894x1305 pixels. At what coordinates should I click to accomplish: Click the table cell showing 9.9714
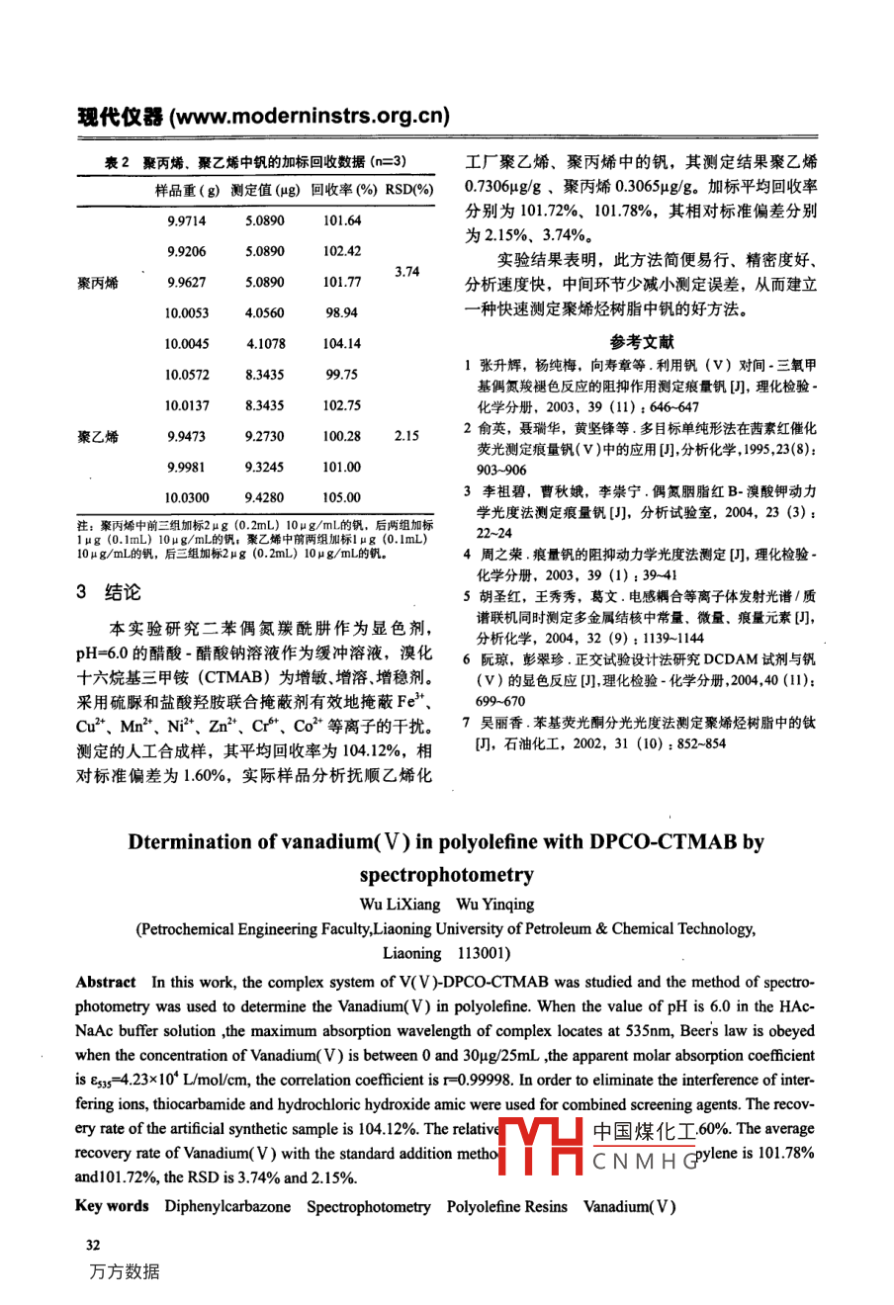point(186,220)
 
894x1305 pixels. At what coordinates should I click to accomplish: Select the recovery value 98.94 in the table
point(341,312)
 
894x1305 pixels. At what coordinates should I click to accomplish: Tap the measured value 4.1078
point(265,343)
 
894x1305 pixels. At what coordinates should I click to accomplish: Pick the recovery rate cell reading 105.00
point(341,497)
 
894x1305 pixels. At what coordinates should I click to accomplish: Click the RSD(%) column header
point(409,190)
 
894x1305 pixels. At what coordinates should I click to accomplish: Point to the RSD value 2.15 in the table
point(406,436)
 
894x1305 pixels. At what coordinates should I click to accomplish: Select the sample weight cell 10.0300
point(186,497)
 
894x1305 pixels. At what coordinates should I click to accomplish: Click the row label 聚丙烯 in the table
point(97,283)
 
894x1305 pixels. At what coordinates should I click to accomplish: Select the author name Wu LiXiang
point(399,904)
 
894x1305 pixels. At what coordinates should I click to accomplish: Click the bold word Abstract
point(106,982)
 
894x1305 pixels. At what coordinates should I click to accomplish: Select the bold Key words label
point(112,1206)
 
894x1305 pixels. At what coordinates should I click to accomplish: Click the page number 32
point(93,1245)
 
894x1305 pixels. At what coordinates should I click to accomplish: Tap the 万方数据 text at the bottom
point(124,1271)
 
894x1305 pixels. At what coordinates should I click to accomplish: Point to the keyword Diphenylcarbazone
point(227,1206)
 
